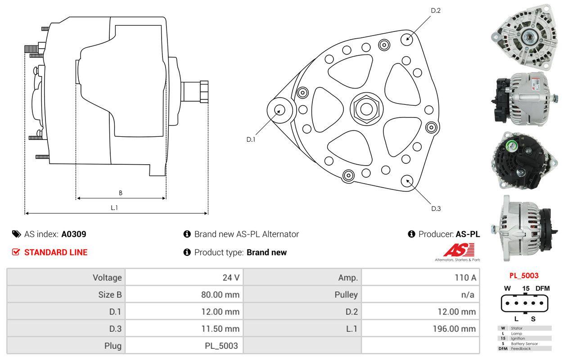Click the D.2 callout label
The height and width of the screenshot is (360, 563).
tap(436, 10)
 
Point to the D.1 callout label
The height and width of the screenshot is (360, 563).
tap(251, 139)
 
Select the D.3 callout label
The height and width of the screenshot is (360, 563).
tap(436, 209)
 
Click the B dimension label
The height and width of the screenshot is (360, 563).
tap(121, 193)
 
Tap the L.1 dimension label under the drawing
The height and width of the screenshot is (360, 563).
tap(114, 207)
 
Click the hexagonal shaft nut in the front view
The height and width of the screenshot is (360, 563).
tap(366, 109)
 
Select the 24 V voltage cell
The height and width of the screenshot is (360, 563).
tap(231, 278)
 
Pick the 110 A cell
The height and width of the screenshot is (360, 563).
tap(465, 278)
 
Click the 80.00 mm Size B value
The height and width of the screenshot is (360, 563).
tap(220, 295)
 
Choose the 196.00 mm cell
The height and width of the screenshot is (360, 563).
tap(454, 328)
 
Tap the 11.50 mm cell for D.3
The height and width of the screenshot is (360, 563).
tap(221, 328)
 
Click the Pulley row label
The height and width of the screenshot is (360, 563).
tap(346, 295)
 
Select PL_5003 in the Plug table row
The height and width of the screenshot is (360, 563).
tap(221, 346)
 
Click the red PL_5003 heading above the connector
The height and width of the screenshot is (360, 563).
tap(524, 275)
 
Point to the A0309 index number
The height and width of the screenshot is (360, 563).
tap(74, 234)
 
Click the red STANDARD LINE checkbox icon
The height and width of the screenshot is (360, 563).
tap(16, 252)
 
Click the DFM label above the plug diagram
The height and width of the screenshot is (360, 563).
tap(542, 288)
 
